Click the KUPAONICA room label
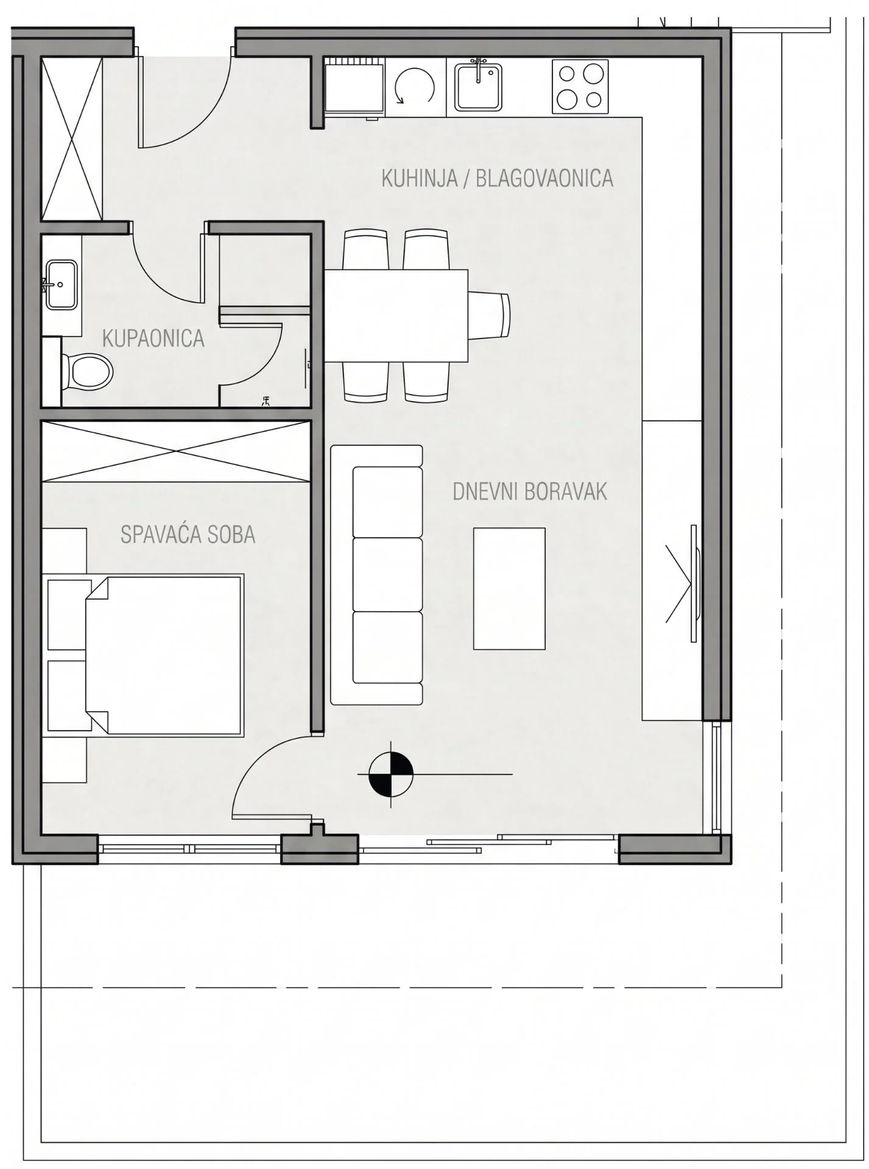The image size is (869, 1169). tap(153, 339)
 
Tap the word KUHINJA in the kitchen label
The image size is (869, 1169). tap(420, 178)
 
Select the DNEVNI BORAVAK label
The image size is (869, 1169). tap(530, 491)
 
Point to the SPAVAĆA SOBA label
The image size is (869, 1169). tap(188, 534)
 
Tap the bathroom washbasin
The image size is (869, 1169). tap(61, 284)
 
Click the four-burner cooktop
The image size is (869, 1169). tap(580, 86)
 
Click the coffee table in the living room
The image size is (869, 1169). tap(509, 589)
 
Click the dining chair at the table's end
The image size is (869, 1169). tap(489, 316)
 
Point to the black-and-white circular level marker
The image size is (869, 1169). tap(391, 774)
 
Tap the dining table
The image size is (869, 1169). tap(396, 316)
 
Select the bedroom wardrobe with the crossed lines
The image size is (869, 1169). tap(177, 451)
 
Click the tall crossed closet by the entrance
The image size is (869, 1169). tap(72, 138)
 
